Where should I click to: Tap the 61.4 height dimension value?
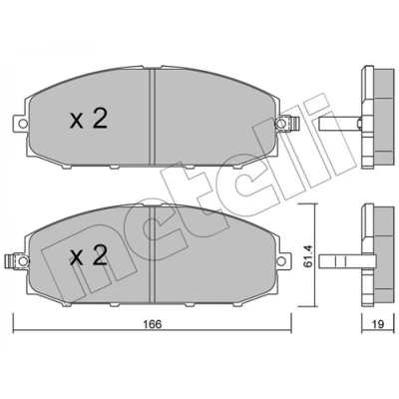coord(306,255)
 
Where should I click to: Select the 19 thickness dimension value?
coord(378,324)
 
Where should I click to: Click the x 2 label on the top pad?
coord(89,120)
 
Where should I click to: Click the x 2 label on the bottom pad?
coord(89,255)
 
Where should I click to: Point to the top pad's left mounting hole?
coord(22,124)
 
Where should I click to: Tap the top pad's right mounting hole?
coord(281,124)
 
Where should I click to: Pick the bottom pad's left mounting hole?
coord(22,260)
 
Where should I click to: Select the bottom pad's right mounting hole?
coord(281,260)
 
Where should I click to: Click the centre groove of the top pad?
coord(153,117)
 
